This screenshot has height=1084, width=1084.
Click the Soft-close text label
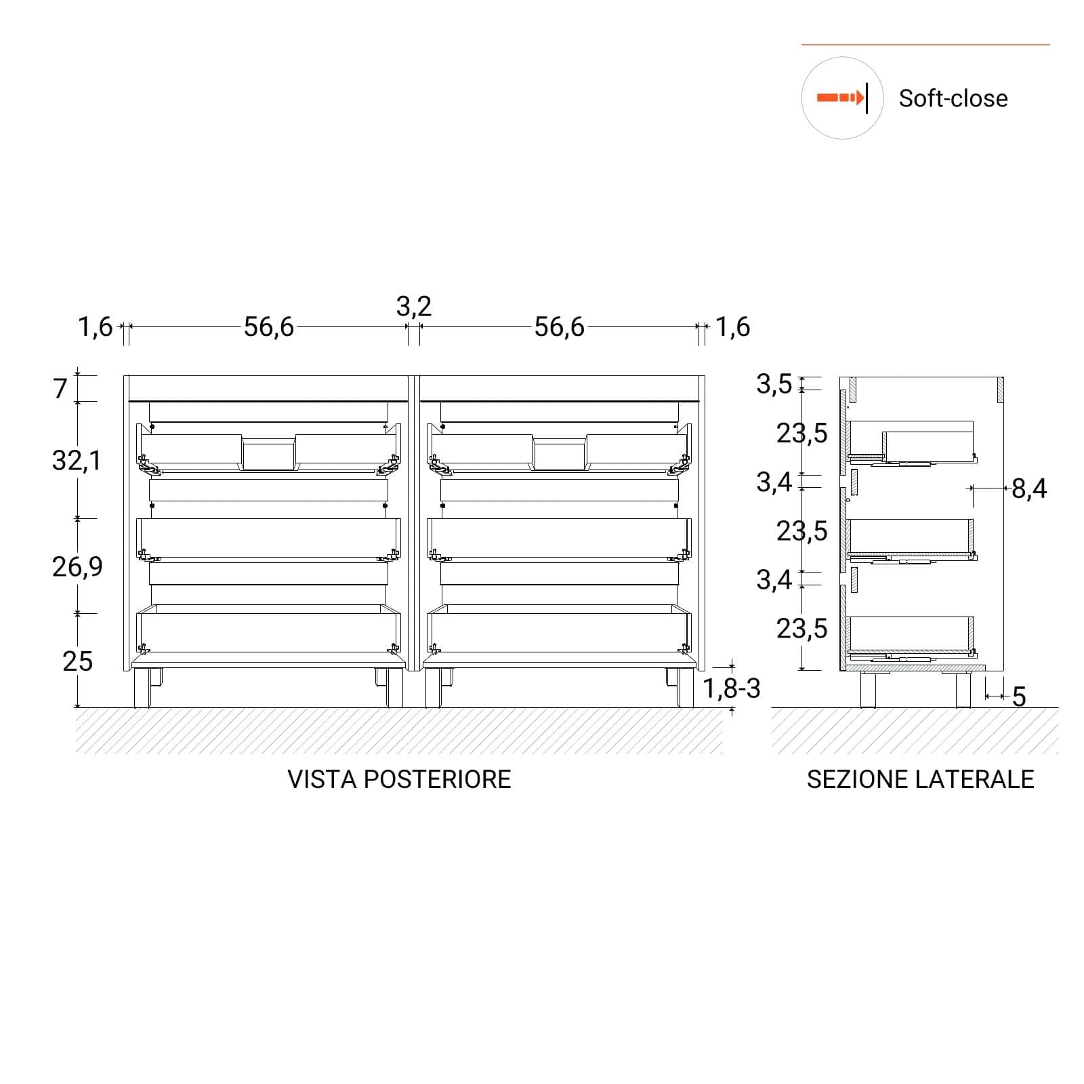(x=953, y=98)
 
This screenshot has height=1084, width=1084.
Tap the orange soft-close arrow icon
(x=841, y=98)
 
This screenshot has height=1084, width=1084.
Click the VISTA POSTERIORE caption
(x=399, y=779)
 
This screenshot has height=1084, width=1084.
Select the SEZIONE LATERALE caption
(x=920, y=779)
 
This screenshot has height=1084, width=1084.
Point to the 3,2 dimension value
(x=414, y=307)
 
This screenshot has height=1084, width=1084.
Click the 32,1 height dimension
(x=77, y=461)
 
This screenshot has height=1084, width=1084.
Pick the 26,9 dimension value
(x=77, y=566)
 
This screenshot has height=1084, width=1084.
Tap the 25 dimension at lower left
(x=77, y=661)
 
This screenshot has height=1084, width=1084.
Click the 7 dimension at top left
(x=61, y=389)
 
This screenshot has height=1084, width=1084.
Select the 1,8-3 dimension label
(x=732, y=688)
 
